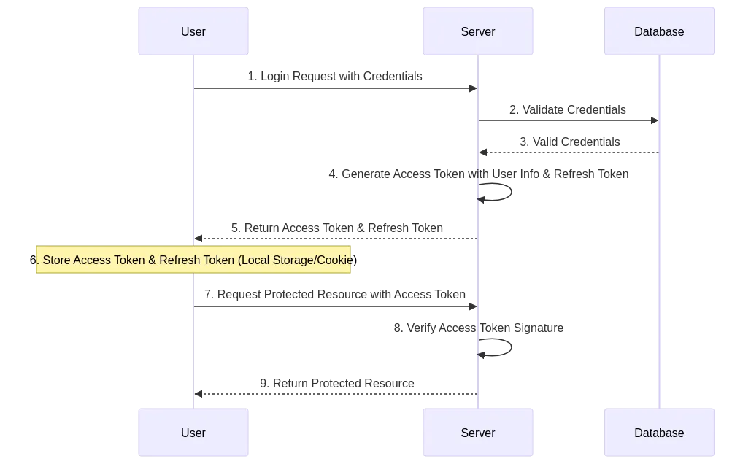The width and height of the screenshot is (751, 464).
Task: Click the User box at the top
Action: [193, 32]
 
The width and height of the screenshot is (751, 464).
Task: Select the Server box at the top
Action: [478, 32]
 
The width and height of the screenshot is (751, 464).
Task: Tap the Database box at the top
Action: [659, 32]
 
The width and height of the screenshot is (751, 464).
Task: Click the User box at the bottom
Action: [193, 433]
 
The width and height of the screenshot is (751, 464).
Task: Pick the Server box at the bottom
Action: [478, 433]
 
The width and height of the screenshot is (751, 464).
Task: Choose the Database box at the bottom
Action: [659, 433]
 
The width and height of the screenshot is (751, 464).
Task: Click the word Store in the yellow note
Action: [57, 260]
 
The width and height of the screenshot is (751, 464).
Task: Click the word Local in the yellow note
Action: [253, 260]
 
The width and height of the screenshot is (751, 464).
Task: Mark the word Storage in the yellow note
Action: [291, 260]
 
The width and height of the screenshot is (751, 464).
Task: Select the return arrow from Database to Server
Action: [568, 154]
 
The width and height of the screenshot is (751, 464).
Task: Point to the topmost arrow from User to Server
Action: [336, 89]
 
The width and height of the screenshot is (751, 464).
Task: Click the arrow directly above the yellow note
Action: [336, 237]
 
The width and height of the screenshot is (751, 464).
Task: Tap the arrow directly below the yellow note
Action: [336, 306]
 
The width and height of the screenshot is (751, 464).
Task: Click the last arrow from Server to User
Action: [336, 394]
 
